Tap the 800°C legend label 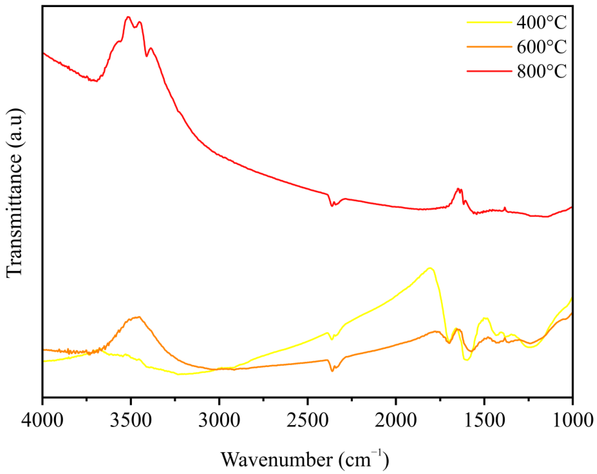click(542, 71)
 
